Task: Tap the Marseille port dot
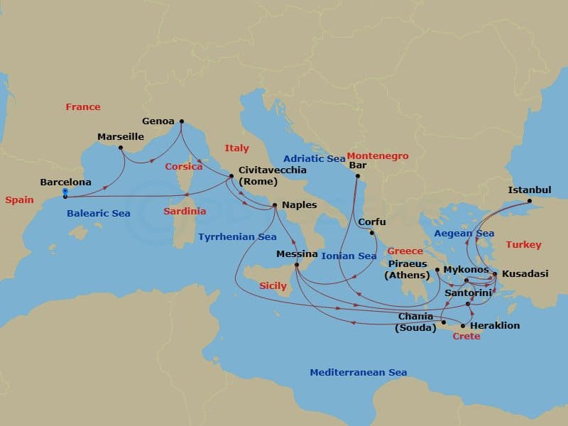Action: point(120,148)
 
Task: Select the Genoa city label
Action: point(158,121)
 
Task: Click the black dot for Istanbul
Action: point(529,201)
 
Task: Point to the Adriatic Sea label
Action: point(314,158)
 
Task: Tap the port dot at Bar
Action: point(357,176)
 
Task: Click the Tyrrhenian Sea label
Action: point(237,236)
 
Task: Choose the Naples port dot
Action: point(275,206)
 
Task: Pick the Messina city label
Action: point(297,253)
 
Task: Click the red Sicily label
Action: point(273,286)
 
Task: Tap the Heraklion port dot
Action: point(463,326)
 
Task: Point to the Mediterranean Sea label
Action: point(358,372)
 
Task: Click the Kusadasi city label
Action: point(525,273)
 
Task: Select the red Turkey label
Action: point(523,244)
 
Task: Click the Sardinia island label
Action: point(185,211)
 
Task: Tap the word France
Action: point(83,106)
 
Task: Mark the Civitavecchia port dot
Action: point(231,176)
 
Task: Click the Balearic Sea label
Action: point(98,213)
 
